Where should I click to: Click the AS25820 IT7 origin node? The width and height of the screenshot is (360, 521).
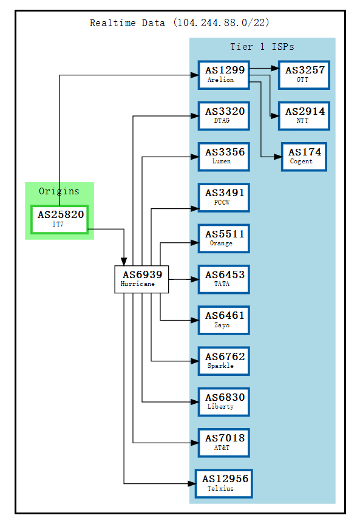(59, 219)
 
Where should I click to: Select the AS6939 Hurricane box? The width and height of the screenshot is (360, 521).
(141, 279)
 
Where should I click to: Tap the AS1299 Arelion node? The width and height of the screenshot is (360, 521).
(223, 75)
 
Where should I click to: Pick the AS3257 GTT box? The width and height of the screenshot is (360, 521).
(304, 75)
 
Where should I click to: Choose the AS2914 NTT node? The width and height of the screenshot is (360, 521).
(304, 116)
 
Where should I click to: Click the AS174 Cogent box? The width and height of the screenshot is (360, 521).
(304, 157)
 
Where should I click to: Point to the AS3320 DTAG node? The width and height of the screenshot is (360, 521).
(223, 116)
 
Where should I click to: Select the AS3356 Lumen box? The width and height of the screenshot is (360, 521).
(223, 157)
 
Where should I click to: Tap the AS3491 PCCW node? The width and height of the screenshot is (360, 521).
(223, 197)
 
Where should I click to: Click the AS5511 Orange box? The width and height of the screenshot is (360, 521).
(223, 238)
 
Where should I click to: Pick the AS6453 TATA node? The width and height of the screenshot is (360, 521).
(223, 279)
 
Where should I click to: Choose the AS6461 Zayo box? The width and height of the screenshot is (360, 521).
(223, 320)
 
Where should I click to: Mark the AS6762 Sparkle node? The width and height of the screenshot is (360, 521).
(223, 361)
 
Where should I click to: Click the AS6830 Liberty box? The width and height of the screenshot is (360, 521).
(223, 401)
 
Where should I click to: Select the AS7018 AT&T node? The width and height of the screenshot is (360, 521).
(223, 443)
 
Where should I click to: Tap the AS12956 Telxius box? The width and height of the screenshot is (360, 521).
(223, 483)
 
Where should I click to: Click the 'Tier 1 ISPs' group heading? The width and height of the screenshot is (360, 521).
(262, 47)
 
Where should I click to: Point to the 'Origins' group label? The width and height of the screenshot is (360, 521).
(59, 191)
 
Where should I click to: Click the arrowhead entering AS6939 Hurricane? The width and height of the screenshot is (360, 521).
(124, 261)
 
